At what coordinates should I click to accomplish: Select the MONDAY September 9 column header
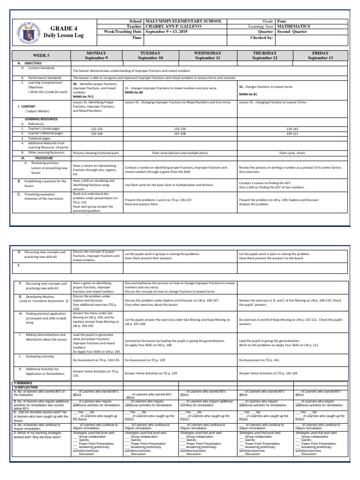click(96, 55)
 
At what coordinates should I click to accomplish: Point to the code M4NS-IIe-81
click(249, 94)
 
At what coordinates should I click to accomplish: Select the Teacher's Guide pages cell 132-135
click(97, 128)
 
